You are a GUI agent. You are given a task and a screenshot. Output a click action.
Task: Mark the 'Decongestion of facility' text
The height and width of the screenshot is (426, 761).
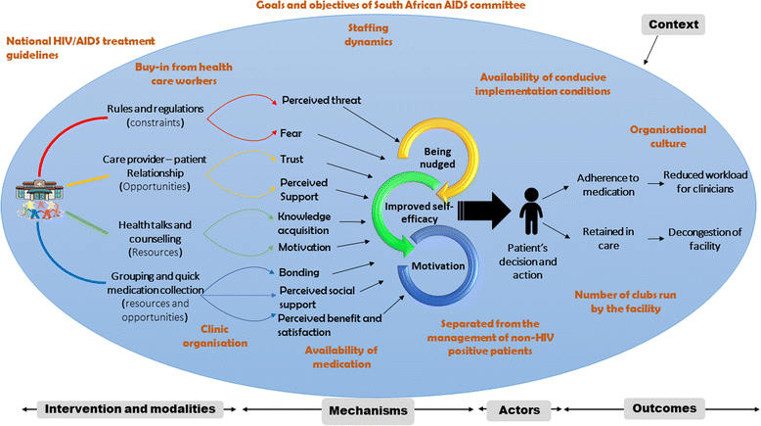tap(708, 240)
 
